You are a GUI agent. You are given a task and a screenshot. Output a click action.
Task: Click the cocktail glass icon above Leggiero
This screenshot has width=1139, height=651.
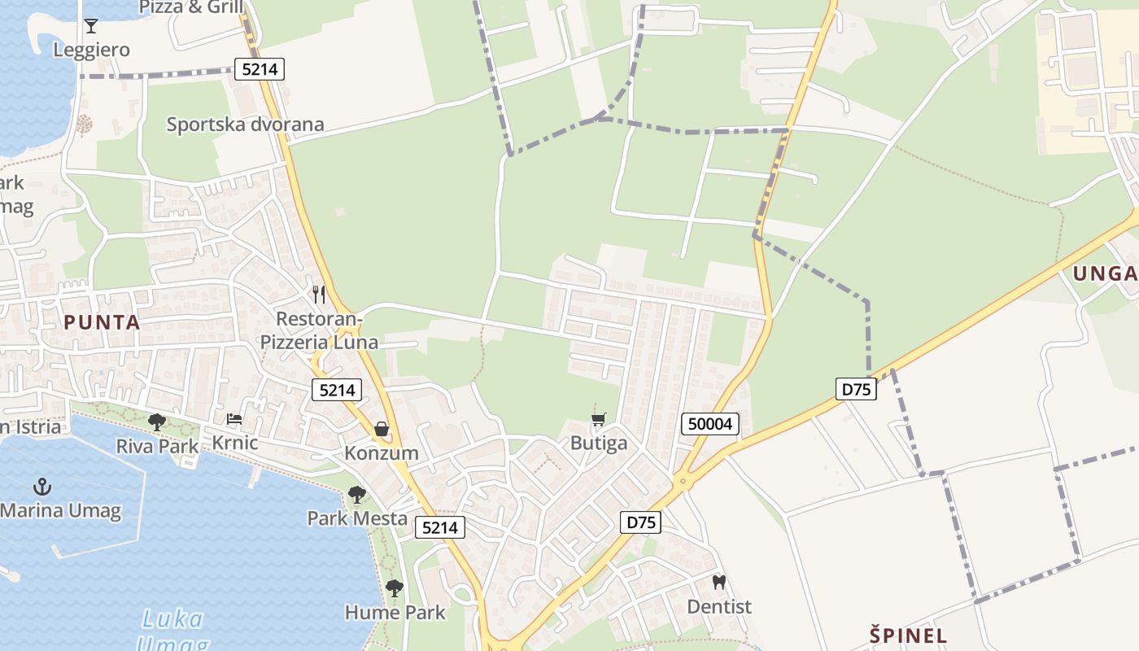[x=91, y=26]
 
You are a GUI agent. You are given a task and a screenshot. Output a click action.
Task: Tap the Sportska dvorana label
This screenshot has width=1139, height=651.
[x=245, y=125]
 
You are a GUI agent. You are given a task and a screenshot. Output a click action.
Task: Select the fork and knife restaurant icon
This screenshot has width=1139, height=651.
[x=319, y=294]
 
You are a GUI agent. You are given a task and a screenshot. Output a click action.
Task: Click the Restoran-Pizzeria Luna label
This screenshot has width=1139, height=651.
[x=319, y=330]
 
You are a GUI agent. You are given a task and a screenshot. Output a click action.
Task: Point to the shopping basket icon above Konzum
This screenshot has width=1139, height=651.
[x=381, y=429]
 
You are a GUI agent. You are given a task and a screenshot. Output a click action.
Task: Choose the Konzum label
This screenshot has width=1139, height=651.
[x=382, y=453]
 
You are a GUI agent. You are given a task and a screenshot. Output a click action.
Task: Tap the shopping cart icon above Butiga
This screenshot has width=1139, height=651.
[x=599, y=420]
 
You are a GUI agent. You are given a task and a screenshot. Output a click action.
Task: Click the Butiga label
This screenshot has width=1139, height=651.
[x=599, y=443]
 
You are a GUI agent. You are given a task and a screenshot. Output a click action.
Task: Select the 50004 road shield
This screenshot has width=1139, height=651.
[x=710, y=423]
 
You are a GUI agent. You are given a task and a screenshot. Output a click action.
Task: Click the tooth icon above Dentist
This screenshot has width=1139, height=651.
[x=718, y=583]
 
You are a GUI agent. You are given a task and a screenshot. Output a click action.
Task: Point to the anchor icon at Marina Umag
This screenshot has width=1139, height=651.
[x=41, y=487]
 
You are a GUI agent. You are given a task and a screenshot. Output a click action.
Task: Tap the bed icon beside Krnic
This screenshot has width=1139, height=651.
[x=234, y=420]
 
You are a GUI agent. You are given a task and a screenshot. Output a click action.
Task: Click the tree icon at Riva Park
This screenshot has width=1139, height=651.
[x=157, y=422]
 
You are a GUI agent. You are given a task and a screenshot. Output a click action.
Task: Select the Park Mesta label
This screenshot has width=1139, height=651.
[x=357, y=518]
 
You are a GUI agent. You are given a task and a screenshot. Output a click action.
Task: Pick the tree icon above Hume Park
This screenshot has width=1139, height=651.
[x=395, y=588]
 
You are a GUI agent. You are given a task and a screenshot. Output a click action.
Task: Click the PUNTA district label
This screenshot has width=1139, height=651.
[x=102, y=322]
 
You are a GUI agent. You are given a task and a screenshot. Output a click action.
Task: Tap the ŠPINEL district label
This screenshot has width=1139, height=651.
[x=909, y=636]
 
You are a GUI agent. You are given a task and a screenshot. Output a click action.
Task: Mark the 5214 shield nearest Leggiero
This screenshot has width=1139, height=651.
[x=260, y=69]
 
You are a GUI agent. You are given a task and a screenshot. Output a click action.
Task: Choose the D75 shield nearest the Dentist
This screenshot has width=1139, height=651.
[x=640, y=522]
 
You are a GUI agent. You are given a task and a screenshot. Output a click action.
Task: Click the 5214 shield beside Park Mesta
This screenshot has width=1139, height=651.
[x=440, y=527]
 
